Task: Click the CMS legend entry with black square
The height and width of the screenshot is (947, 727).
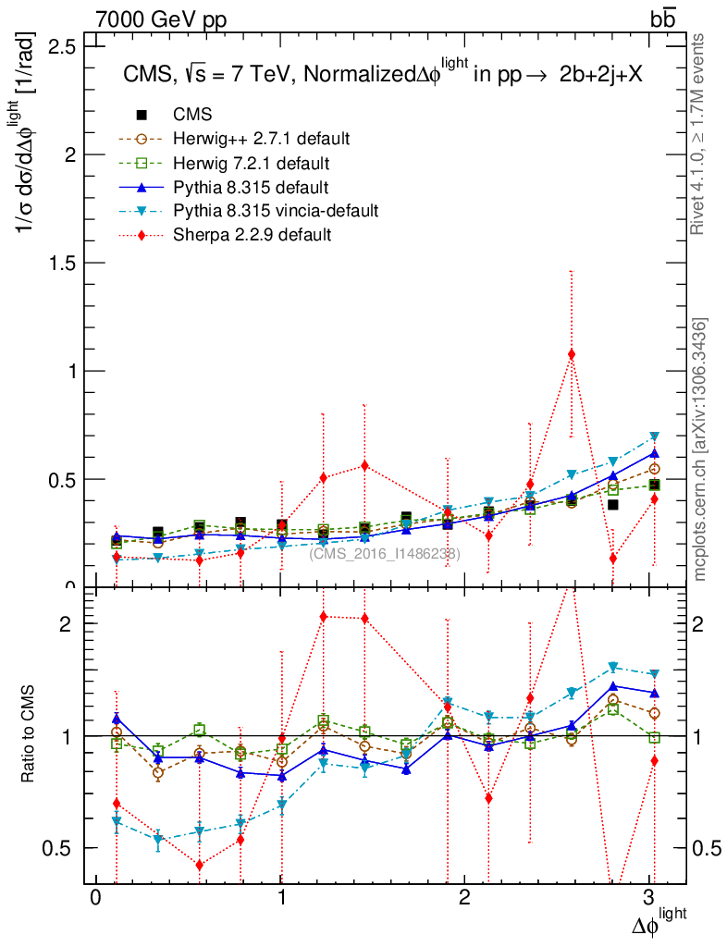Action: pos(193,115)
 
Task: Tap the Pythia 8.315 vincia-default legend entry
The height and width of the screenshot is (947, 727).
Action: pos(275,211)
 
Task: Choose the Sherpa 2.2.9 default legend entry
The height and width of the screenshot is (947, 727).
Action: pos(252,235)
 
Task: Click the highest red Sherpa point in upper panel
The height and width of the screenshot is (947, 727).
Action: pos(572,354)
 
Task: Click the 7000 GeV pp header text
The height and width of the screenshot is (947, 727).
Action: pos(161,18)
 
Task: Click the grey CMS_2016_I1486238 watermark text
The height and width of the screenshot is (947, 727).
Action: pos(384,553)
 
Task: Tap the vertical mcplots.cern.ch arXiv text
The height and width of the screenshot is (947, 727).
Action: pos(700,449)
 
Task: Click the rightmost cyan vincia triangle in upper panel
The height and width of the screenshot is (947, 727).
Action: pos(654,437)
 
